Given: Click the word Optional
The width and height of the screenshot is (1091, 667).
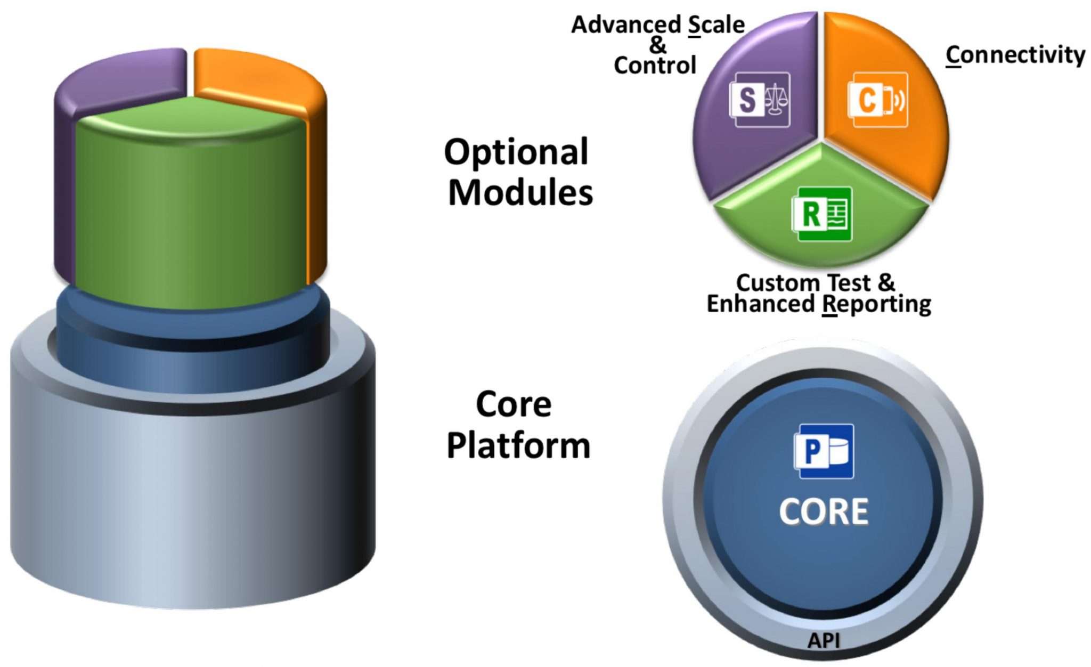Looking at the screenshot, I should pyautogui.click(x=516, y=153).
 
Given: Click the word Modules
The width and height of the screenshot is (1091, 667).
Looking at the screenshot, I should pyautogui.click(x=520, y=193).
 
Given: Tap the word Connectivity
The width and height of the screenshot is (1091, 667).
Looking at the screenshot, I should pyautogui.click(x=1015, y=55).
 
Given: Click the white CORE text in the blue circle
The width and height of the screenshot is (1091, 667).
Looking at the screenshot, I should pyautogui.click(x=823, y=512).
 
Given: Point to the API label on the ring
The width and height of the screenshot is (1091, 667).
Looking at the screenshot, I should pyautogui.click(x=823, y=640).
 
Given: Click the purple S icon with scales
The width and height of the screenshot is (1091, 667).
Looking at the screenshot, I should pyautogui.click(x=760, y=100).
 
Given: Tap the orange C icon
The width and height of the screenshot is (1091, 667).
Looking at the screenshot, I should pyautogui.click(x=877, y=100).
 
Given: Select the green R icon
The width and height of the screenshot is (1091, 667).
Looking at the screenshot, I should pyautogui.click(x=821, y=214).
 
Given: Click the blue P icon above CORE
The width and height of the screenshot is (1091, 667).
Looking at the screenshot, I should pyautogui.click(x=823, y=451).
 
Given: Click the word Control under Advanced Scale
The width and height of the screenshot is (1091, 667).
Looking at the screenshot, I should pyautogui.click(x=655, y=66).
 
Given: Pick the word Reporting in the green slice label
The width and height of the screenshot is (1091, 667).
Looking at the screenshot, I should pyautogui.click(x=876, y=304).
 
